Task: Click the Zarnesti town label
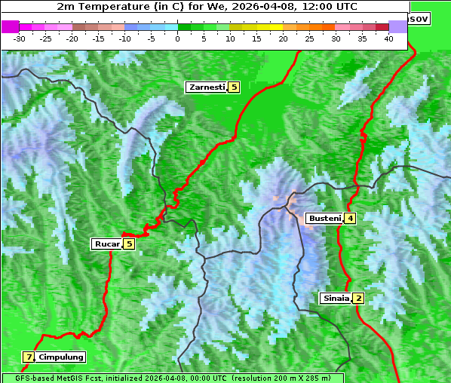click(207, 87)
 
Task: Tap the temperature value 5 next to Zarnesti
click(234, 87)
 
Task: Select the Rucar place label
click(106, 244)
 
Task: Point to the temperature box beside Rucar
click(129, 244)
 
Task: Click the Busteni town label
click(324, 219)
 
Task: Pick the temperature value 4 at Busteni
click(351, 219)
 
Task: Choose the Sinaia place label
click(336, 298)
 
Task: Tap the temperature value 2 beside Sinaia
click(359, 298)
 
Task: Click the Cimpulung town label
click(61, 357)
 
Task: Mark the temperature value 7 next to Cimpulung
click(29, 357)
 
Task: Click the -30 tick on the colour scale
click(20, 38)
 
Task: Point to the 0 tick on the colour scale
click(178, 38)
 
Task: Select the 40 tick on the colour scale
click(388, 38)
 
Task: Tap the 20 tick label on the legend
click(284, 38)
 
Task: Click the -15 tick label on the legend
click(99, 38)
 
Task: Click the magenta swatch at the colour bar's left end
click(11, 26)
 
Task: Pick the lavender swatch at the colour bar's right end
click(397, 26)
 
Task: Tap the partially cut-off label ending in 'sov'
click(419, 18)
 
